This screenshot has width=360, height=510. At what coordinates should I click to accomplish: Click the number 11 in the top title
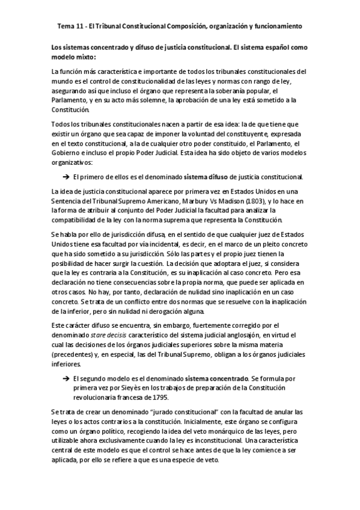point(84,26)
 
